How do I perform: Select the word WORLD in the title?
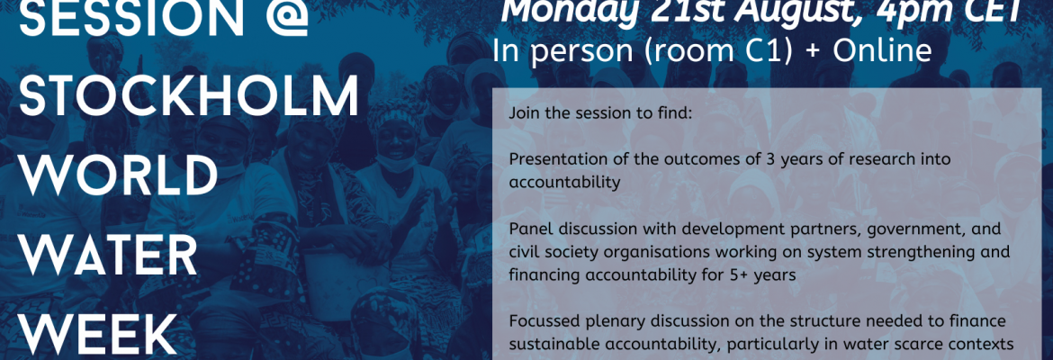pos(119,175)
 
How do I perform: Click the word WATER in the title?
pos(108,255)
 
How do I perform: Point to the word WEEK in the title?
pos(98,334)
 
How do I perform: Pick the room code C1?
pos(770,51)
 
